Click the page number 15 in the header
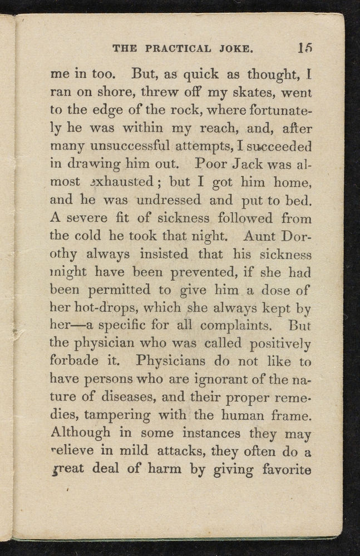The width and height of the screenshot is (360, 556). pos(304,48)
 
